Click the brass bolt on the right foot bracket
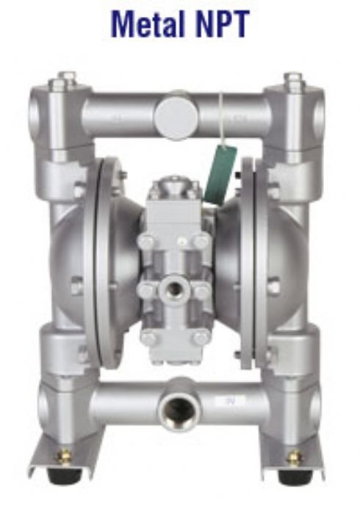click(x=295, y=457)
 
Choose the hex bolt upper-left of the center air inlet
click(x=148, y=242)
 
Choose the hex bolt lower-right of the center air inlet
click(x=201, y=337)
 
